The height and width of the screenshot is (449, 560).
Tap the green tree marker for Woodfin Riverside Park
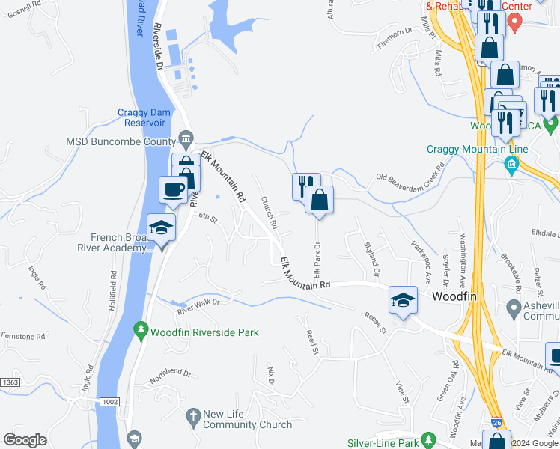[x=140, y=329]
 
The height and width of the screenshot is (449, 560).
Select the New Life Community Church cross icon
[x=192, y=415]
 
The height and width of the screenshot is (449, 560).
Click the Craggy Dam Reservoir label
[x=151, y=117]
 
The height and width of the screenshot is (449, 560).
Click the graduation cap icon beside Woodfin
[x=403, y=300]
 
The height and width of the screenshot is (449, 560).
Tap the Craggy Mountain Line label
[x=478, y=149]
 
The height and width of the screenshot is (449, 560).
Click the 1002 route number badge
[x=109, y=402]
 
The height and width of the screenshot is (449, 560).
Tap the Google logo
[x=25, y=440]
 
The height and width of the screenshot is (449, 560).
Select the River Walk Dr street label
[x=198, y=306]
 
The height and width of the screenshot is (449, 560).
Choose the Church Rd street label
[x=269, y=213]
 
